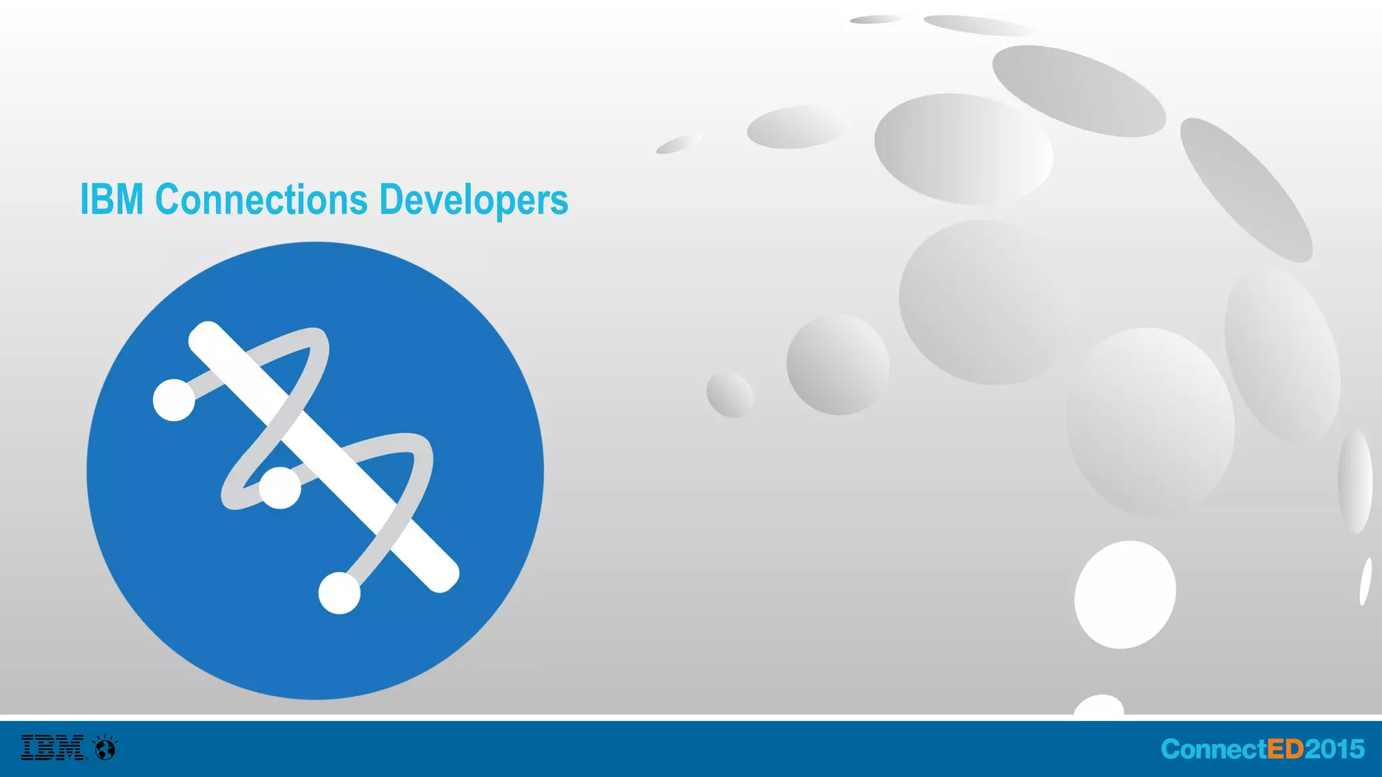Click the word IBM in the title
(x=111, y=200)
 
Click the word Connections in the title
(x=261, y=200)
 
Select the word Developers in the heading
(x=474, y=201)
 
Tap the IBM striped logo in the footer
(x=53, y=747)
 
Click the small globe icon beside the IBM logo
(x=106, y=748)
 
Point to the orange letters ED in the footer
(x=1286, y=749)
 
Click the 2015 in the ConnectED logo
(x=1335, y=749)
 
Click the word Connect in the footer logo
(x=1214, y=749)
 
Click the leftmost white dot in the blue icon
(x=174, y=400)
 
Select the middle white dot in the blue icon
(x=280, y=488)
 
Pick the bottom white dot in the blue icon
(x=339, y=593)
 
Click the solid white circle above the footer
(x=1124, y=594)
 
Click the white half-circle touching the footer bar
(x=1099, y=706)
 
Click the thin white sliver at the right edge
(x=1365, y=581)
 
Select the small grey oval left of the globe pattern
(x=729, y=395)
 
